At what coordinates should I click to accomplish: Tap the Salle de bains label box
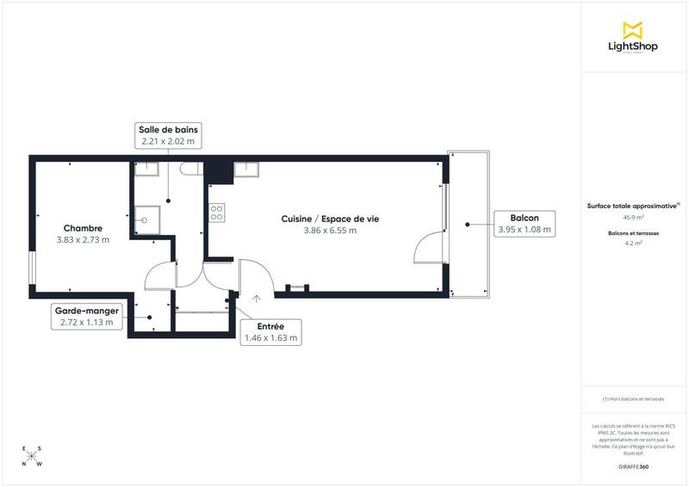coord(168,134)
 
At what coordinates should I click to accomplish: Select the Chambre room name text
coord(83,228)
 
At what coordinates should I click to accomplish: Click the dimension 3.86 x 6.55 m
coord(330,231)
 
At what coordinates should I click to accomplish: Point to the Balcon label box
coord(524,224)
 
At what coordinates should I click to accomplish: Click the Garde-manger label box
coord(87,316)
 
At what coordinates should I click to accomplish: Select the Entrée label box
coord(270,332)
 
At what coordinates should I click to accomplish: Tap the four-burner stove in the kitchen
coord(217,212)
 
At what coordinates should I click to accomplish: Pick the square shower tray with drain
coord(145,220)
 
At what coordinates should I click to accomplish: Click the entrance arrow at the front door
coord(257,299)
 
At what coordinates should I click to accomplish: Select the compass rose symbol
coord(31,456)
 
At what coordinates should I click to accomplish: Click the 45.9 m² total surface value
coord(633,217)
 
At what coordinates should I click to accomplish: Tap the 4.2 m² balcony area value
coord(633,243)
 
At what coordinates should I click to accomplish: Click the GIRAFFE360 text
coord(633,466)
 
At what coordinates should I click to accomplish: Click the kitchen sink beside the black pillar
coord(246,167)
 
